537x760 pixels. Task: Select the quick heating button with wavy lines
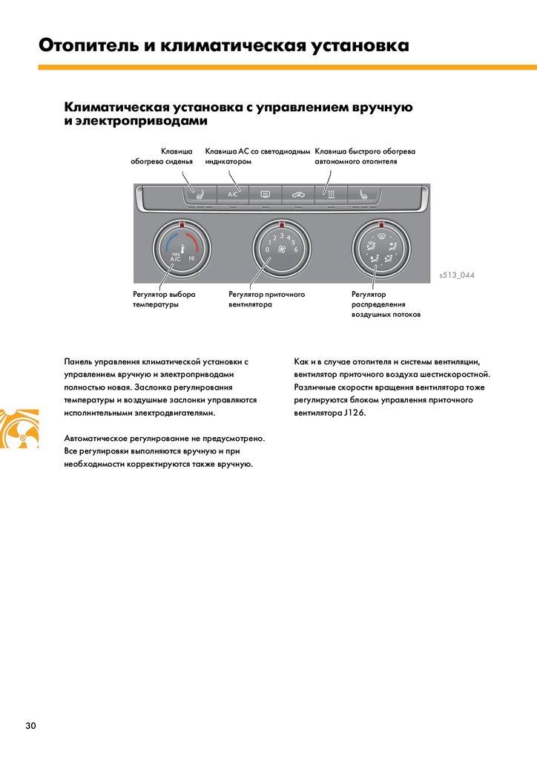pyautogui.click(x=332, y=195)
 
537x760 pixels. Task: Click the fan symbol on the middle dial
pyautogui.click(x=281, y=250)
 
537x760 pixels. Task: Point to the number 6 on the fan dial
pyautogui.click(x=296, y=249)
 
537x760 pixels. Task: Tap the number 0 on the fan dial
pyautogui.click(x=267, y=249)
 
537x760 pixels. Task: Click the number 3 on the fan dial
pyautogui.click(x=281, y=235)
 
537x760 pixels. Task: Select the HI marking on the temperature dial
pyautogui.click(x=192, y=258)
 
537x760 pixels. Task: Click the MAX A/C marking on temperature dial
pyautogui.click(x=176, y=258)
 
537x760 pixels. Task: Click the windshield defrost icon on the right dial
pyautogui.click(x=381, y=237)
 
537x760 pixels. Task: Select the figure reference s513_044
pyautogui.click(x=457, y=275)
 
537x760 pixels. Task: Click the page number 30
pyautogui.click(x=30, y=726)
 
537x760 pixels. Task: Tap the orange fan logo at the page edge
pyautogui.click(x=19, y=429)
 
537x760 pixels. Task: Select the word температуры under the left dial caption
pyautogui.click(x=156, y=304)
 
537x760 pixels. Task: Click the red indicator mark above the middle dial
pyautogui.click(x=281, y=223)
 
